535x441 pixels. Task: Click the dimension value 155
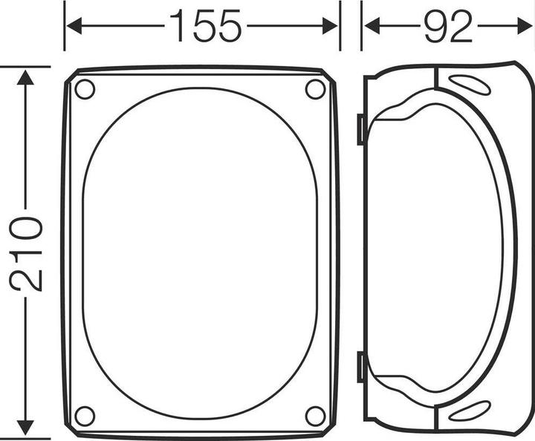[x=206, y=27]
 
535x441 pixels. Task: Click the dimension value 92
[x=448, y=27]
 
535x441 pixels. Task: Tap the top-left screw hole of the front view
[x=85, y=89]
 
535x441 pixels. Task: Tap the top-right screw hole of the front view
[x=315, y=89]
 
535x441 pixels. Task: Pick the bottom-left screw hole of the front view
[x=85, y=416]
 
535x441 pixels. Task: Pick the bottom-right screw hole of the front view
[x=315, y=416]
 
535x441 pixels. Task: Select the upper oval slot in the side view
[x=470, y=85]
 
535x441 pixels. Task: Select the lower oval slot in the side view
[x=470, y=411]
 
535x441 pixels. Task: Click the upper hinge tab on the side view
[x=360, y=129]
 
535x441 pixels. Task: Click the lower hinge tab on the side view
[x=360, y=367]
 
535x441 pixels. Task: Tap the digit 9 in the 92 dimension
[x=435, y=27]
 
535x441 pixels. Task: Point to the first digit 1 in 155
[x=181, y=27]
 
